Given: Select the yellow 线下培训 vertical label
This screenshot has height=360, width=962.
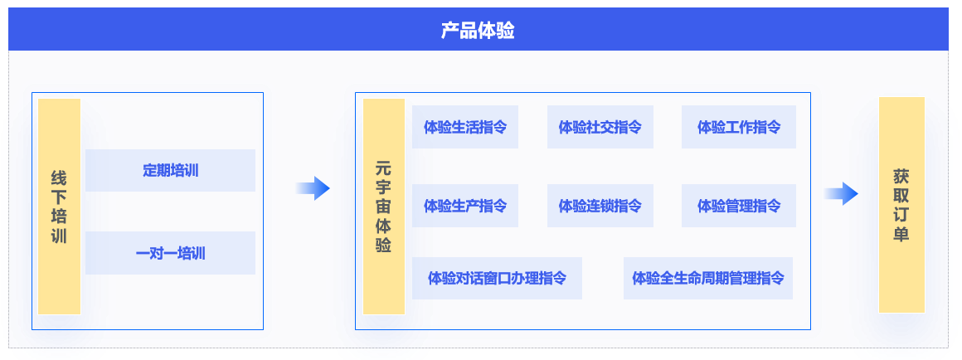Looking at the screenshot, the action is (60, 207).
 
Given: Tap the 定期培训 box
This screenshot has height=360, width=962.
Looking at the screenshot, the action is (171, 171).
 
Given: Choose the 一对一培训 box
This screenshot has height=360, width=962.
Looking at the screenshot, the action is (171, 253).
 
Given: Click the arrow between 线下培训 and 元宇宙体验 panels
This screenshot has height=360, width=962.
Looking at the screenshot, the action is (313, 188).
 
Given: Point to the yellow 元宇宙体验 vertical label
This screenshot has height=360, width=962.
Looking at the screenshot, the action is (384, 207).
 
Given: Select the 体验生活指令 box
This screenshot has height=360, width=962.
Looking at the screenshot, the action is (465, 127).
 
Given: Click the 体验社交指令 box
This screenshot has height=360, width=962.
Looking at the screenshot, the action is (600, 127).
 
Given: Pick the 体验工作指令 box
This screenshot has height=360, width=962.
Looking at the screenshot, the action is (739, 127).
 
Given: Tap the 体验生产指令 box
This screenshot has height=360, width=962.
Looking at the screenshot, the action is (465, 206).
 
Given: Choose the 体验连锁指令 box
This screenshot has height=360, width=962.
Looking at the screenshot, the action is (600, 206).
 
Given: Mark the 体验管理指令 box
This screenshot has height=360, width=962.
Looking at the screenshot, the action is (739, 206).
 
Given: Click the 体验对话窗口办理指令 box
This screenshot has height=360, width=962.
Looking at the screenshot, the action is (497, 278).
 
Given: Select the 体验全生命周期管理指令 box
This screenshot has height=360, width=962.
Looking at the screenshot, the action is (708, 278).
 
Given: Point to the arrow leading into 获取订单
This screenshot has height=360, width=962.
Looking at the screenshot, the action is (841, 194).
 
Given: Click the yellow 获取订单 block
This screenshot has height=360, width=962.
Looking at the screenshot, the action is (901, 205).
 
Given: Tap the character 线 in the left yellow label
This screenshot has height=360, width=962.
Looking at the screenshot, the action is (60, 178).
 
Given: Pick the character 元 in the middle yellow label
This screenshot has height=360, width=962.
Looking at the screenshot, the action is (383, 169).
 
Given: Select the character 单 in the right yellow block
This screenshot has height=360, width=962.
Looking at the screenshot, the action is (901, 234).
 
